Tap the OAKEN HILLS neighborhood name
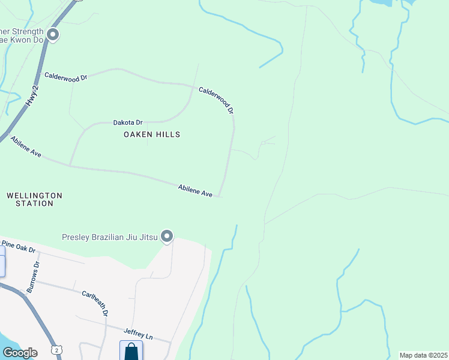coord(152,134)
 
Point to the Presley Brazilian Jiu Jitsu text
coord(110,237)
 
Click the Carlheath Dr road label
coord(96,304)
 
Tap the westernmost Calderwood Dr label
coord(66,76)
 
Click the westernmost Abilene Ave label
coord(26,147)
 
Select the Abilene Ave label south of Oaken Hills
coord(196,191)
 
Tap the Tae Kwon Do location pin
coord(53,35)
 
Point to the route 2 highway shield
coord(56,349)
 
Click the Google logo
coord(19,353)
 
